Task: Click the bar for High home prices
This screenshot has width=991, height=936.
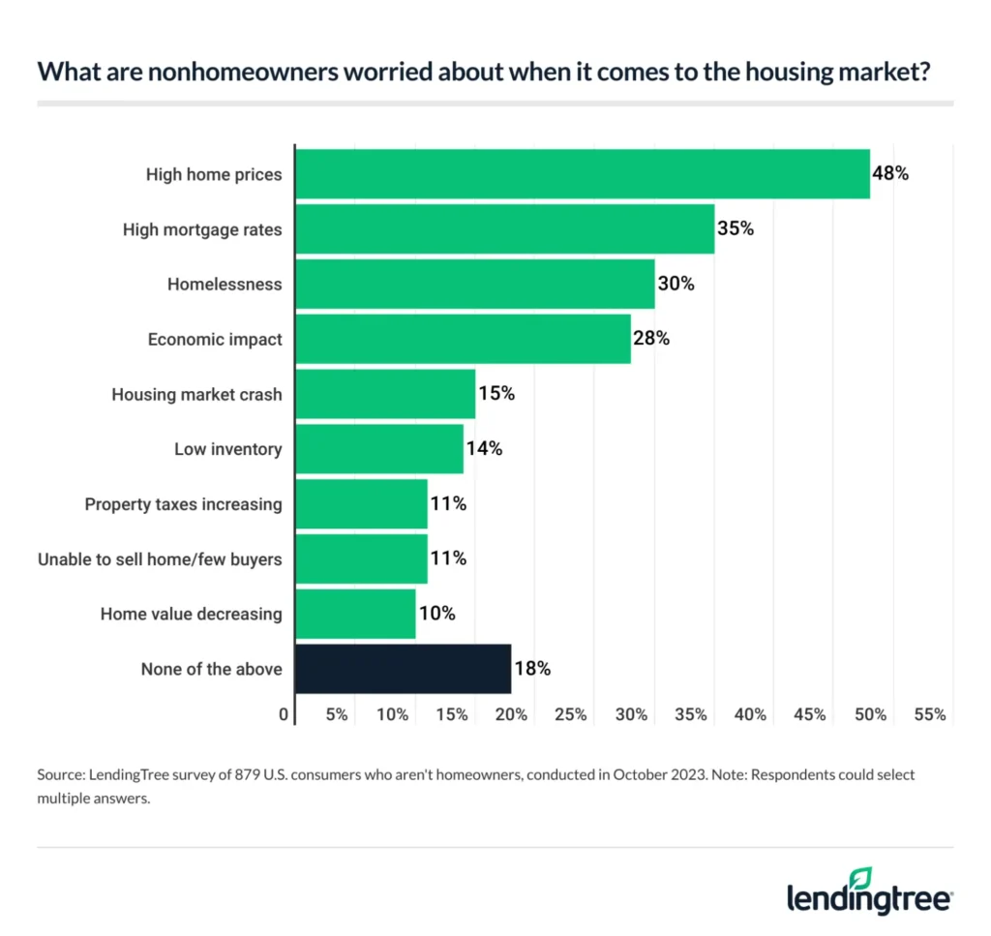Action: (582, 174)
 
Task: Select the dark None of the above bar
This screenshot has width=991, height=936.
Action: (403, 669)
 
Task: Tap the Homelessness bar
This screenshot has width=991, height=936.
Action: (474, 285)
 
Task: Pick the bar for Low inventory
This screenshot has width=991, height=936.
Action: (378, 449)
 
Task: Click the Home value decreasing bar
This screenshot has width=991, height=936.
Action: (355, 614)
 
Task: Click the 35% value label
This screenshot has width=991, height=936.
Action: (735, 229)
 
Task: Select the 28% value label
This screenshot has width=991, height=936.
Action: (650, 339)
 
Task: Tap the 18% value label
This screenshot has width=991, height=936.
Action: (531, 669)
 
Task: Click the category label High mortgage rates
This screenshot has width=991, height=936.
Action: (202, 229)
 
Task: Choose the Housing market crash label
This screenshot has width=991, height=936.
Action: (196, 394)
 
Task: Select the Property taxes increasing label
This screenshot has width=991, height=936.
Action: (183, 504)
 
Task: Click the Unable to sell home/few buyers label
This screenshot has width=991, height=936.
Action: (160, 559)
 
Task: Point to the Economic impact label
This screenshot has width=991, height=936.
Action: (215, 340)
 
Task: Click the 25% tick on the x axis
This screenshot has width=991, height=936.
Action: (571, 715)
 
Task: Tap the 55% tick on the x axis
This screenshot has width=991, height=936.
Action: (930, 715)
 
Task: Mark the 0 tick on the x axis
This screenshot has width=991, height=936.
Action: (284, 715)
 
